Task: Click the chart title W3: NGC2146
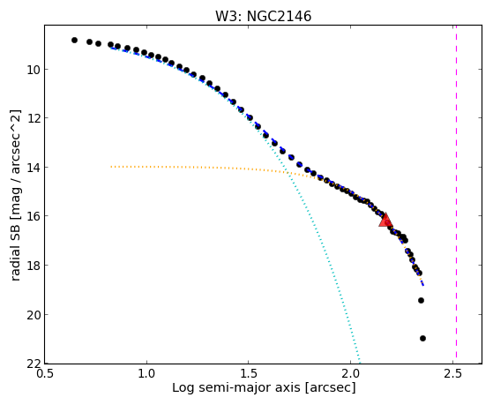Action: [x=263, y=16]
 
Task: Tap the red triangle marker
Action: [x=385, y=220]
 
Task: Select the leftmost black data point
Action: [x=74, y=40]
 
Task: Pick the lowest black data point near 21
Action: [x=422, y=338]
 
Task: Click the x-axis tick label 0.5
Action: [x=45, y=373]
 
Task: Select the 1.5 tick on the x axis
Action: [x=249, y=373]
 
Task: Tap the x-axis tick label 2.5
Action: [x=452, y=373]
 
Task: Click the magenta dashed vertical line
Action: [x=456, y=194]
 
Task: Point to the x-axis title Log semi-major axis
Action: [x=236, y=388]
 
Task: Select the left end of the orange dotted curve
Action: [x=111, y=167]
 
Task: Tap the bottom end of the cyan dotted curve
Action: [x=359, y=362]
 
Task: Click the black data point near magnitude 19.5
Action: [x=421, y=301]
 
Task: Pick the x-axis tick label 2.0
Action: [x=351, y=373]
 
